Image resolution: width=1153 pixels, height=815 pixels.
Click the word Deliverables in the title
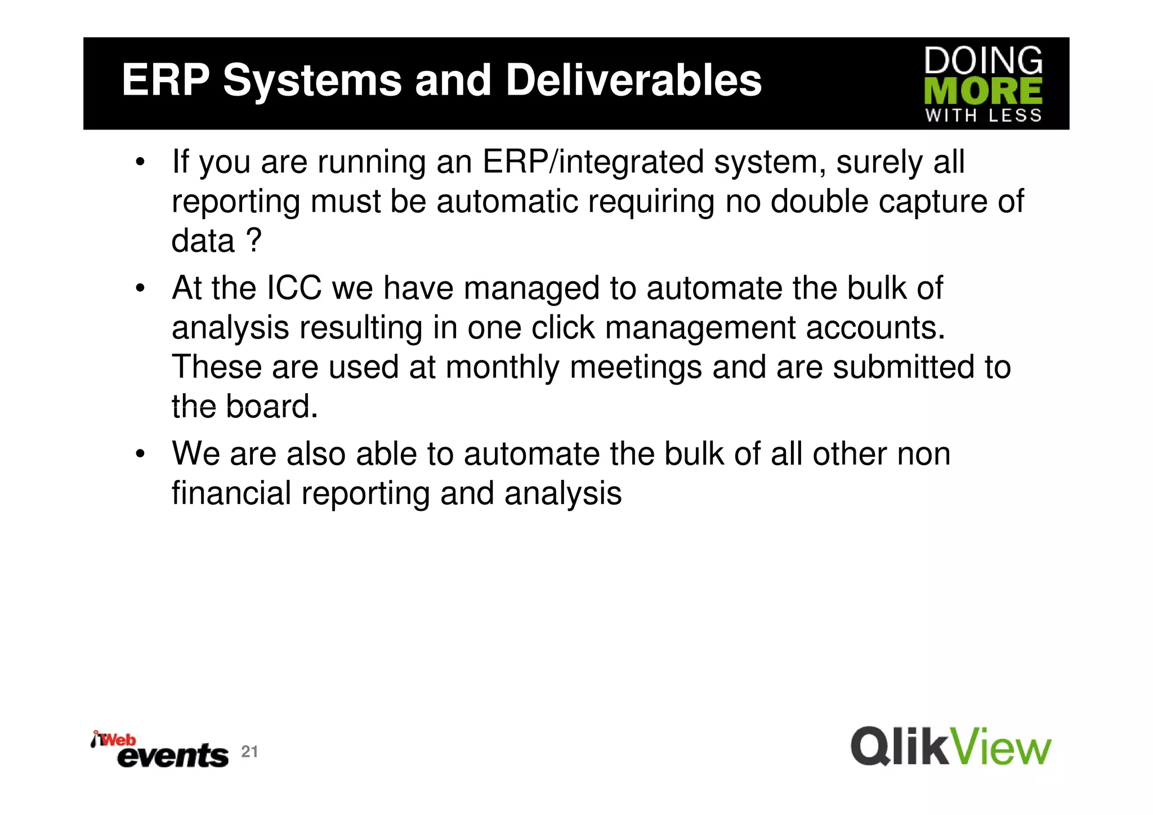pos(633,80)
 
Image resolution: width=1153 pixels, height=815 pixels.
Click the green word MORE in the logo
pos(983,91)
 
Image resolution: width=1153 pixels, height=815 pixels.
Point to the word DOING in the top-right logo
pos(983,61)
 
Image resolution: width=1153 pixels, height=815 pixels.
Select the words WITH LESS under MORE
pos(983,115)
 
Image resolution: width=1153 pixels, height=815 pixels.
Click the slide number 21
pos(249,751)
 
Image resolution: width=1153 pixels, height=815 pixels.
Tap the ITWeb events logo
pos(160,750)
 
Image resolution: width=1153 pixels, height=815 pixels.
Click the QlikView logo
pos(950,747)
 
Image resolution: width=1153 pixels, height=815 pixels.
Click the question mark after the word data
pos(254,241)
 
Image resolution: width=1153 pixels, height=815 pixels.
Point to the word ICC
pos(294,288)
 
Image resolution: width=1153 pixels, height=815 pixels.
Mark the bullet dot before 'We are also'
pos(140,454)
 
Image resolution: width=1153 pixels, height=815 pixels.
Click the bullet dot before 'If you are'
pos(140,163)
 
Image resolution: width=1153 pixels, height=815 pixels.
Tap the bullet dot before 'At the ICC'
pos(140,289)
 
